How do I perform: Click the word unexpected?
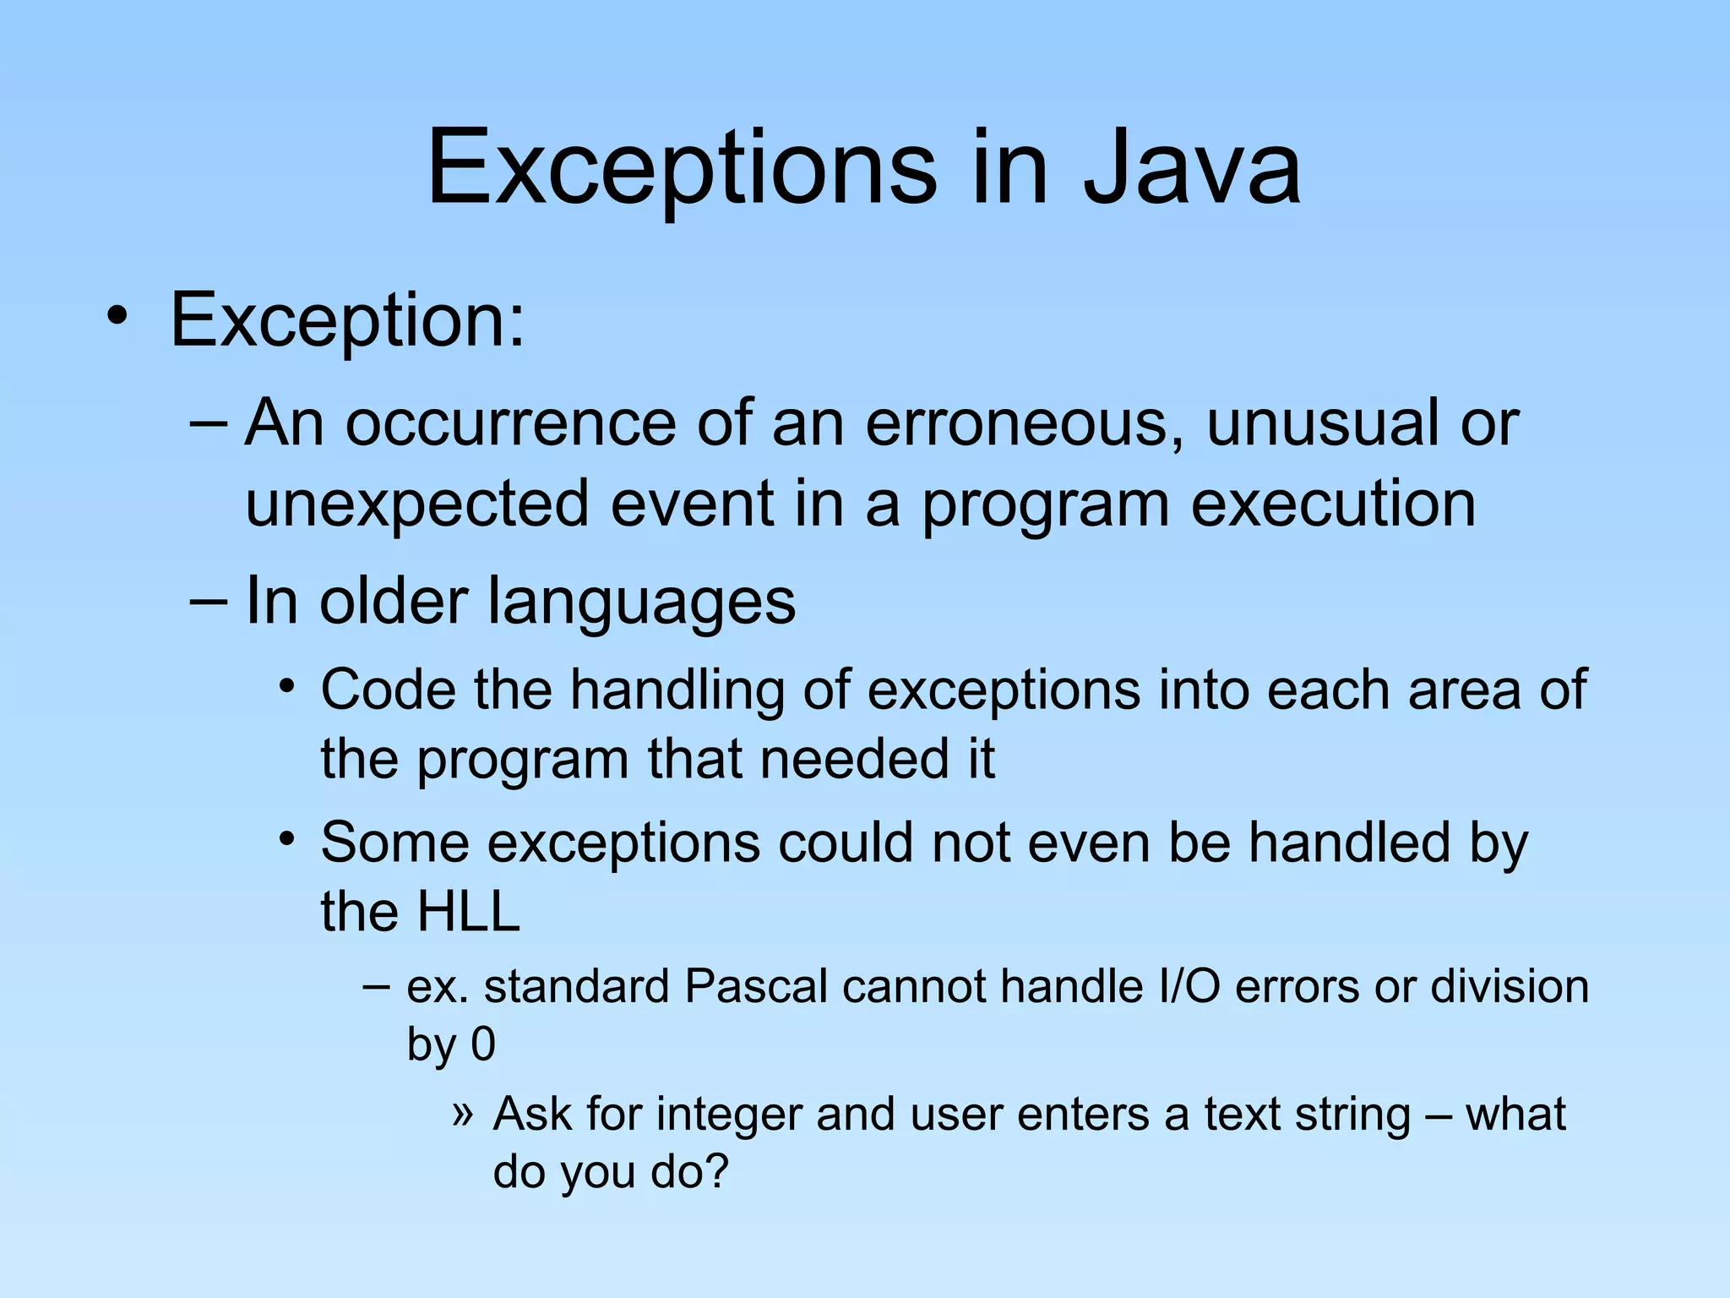[x=416, y=504]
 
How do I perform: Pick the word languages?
[x=642, y=602]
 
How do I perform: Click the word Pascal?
[x=756, y=986]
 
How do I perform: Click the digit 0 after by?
[x=482, y=1044]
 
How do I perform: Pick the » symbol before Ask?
[x=461, y=1114]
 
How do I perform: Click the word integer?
[x=728, y=1115]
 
